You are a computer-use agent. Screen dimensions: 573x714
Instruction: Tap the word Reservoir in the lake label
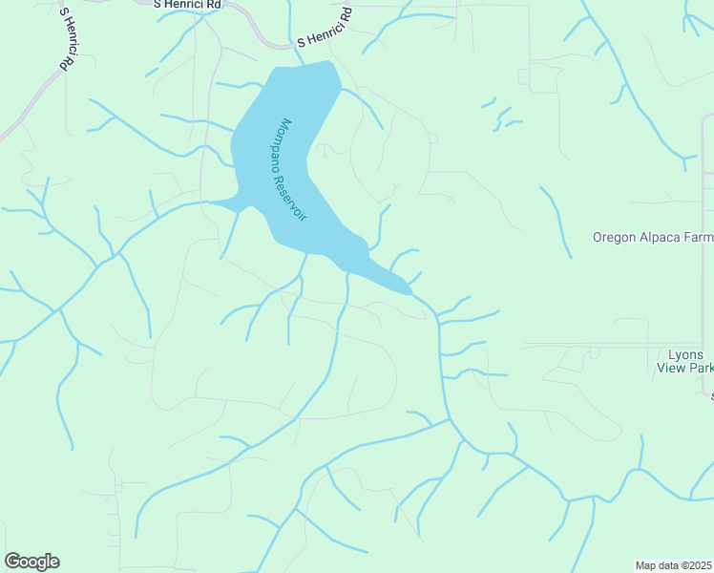(299, 195)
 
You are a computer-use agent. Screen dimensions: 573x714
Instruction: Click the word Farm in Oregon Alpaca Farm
(699, 238)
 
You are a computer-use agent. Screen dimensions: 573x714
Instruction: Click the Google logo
(31, 562)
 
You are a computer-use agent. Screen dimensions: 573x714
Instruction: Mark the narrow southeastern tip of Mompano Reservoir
(408, 290)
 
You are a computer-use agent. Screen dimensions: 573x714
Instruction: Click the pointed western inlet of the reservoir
(212, 202)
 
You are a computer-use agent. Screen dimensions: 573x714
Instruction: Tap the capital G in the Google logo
(12, 562)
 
